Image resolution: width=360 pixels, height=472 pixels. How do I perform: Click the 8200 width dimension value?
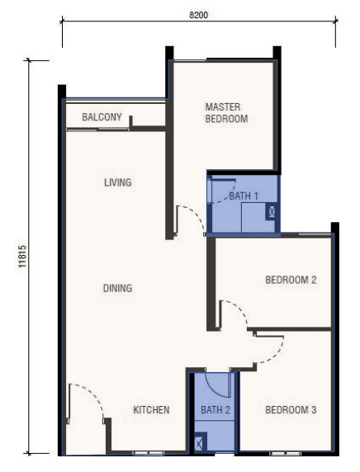198,15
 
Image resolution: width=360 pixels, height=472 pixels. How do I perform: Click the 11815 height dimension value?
22,256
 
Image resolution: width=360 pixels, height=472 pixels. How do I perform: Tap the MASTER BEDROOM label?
226,113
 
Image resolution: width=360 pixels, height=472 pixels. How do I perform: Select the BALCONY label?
102,117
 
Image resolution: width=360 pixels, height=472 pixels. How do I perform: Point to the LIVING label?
118,182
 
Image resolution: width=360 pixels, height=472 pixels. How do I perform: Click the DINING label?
117,288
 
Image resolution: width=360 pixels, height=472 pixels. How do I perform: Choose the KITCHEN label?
151,409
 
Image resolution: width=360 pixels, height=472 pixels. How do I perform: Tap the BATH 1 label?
244,196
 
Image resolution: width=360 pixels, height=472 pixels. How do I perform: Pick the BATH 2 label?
216,409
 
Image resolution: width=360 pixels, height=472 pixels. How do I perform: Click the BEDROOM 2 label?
291,280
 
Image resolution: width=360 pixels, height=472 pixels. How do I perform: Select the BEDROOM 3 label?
291,409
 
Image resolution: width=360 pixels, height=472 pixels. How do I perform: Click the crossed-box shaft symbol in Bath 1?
272,211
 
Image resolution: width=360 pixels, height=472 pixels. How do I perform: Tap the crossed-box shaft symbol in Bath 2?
199,443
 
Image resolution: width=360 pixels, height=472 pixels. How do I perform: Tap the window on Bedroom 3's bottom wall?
286,453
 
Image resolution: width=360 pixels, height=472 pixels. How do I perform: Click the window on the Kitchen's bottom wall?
149,453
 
